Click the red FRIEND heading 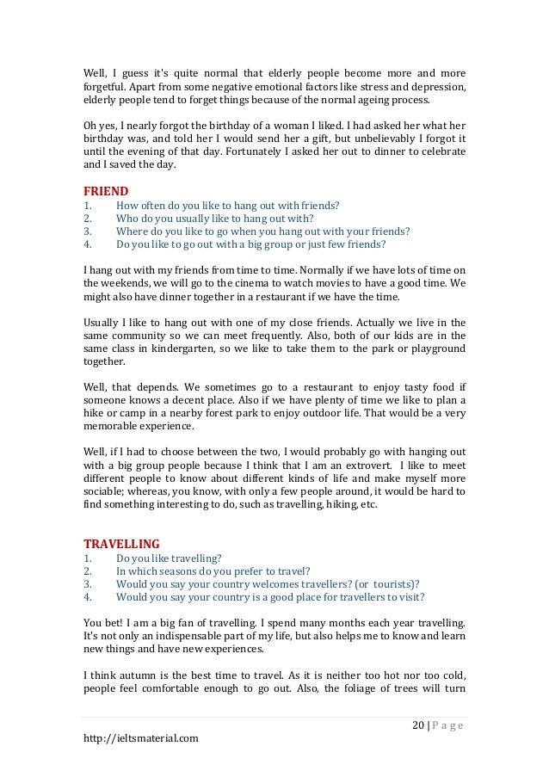click(106, 190)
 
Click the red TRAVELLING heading click(121, 543)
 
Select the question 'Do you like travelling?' click(169, 558)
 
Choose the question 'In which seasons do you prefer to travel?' click(213, 570)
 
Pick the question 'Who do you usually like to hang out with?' click(214, 218)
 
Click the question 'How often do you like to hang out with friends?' click(227, 205)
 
